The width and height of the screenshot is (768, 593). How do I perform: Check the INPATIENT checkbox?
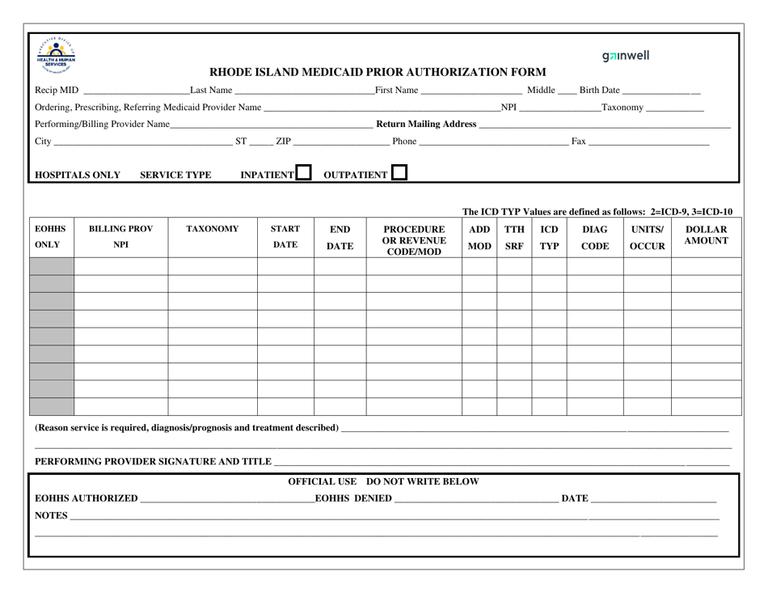(x=303, y=173)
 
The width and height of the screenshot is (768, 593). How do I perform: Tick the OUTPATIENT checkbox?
(x=399, y=173)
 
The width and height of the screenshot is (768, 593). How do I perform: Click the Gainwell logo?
(x=626, y=56)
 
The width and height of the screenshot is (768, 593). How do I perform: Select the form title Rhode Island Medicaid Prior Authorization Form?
(x=378, y=72)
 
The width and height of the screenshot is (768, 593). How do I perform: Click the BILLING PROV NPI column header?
(x=120, y=237)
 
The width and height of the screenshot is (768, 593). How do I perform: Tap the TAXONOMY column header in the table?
(x=213, y=229)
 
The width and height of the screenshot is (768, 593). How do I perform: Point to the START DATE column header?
(x=285, y=237)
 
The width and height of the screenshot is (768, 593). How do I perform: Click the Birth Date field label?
(x=600, y=90)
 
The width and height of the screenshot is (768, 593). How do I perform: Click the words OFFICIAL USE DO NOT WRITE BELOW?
(x=384, y=481)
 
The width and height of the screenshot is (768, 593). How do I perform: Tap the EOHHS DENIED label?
(x=353, y=498)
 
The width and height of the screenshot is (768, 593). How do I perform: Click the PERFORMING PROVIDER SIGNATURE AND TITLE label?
(x=153, y=461)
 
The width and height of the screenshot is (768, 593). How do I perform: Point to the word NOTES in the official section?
(x=51, y=515)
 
